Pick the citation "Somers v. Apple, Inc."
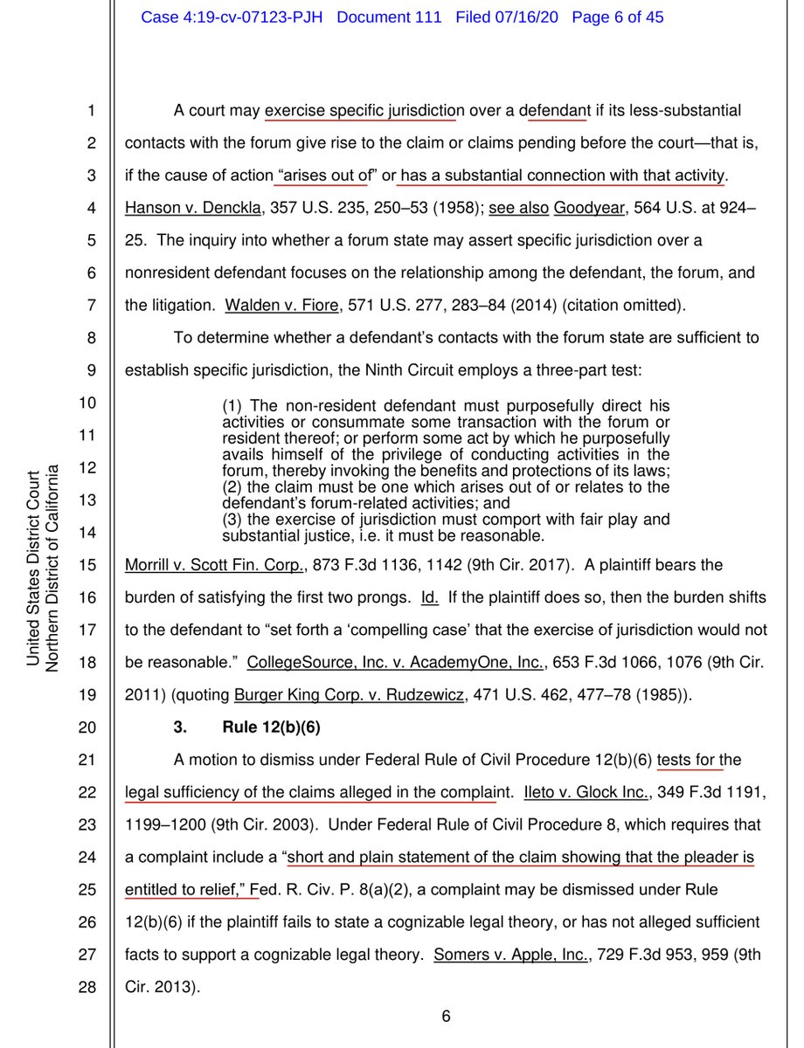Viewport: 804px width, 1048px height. [501, 955]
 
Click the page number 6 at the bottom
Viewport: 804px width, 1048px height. [445, 1016]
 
